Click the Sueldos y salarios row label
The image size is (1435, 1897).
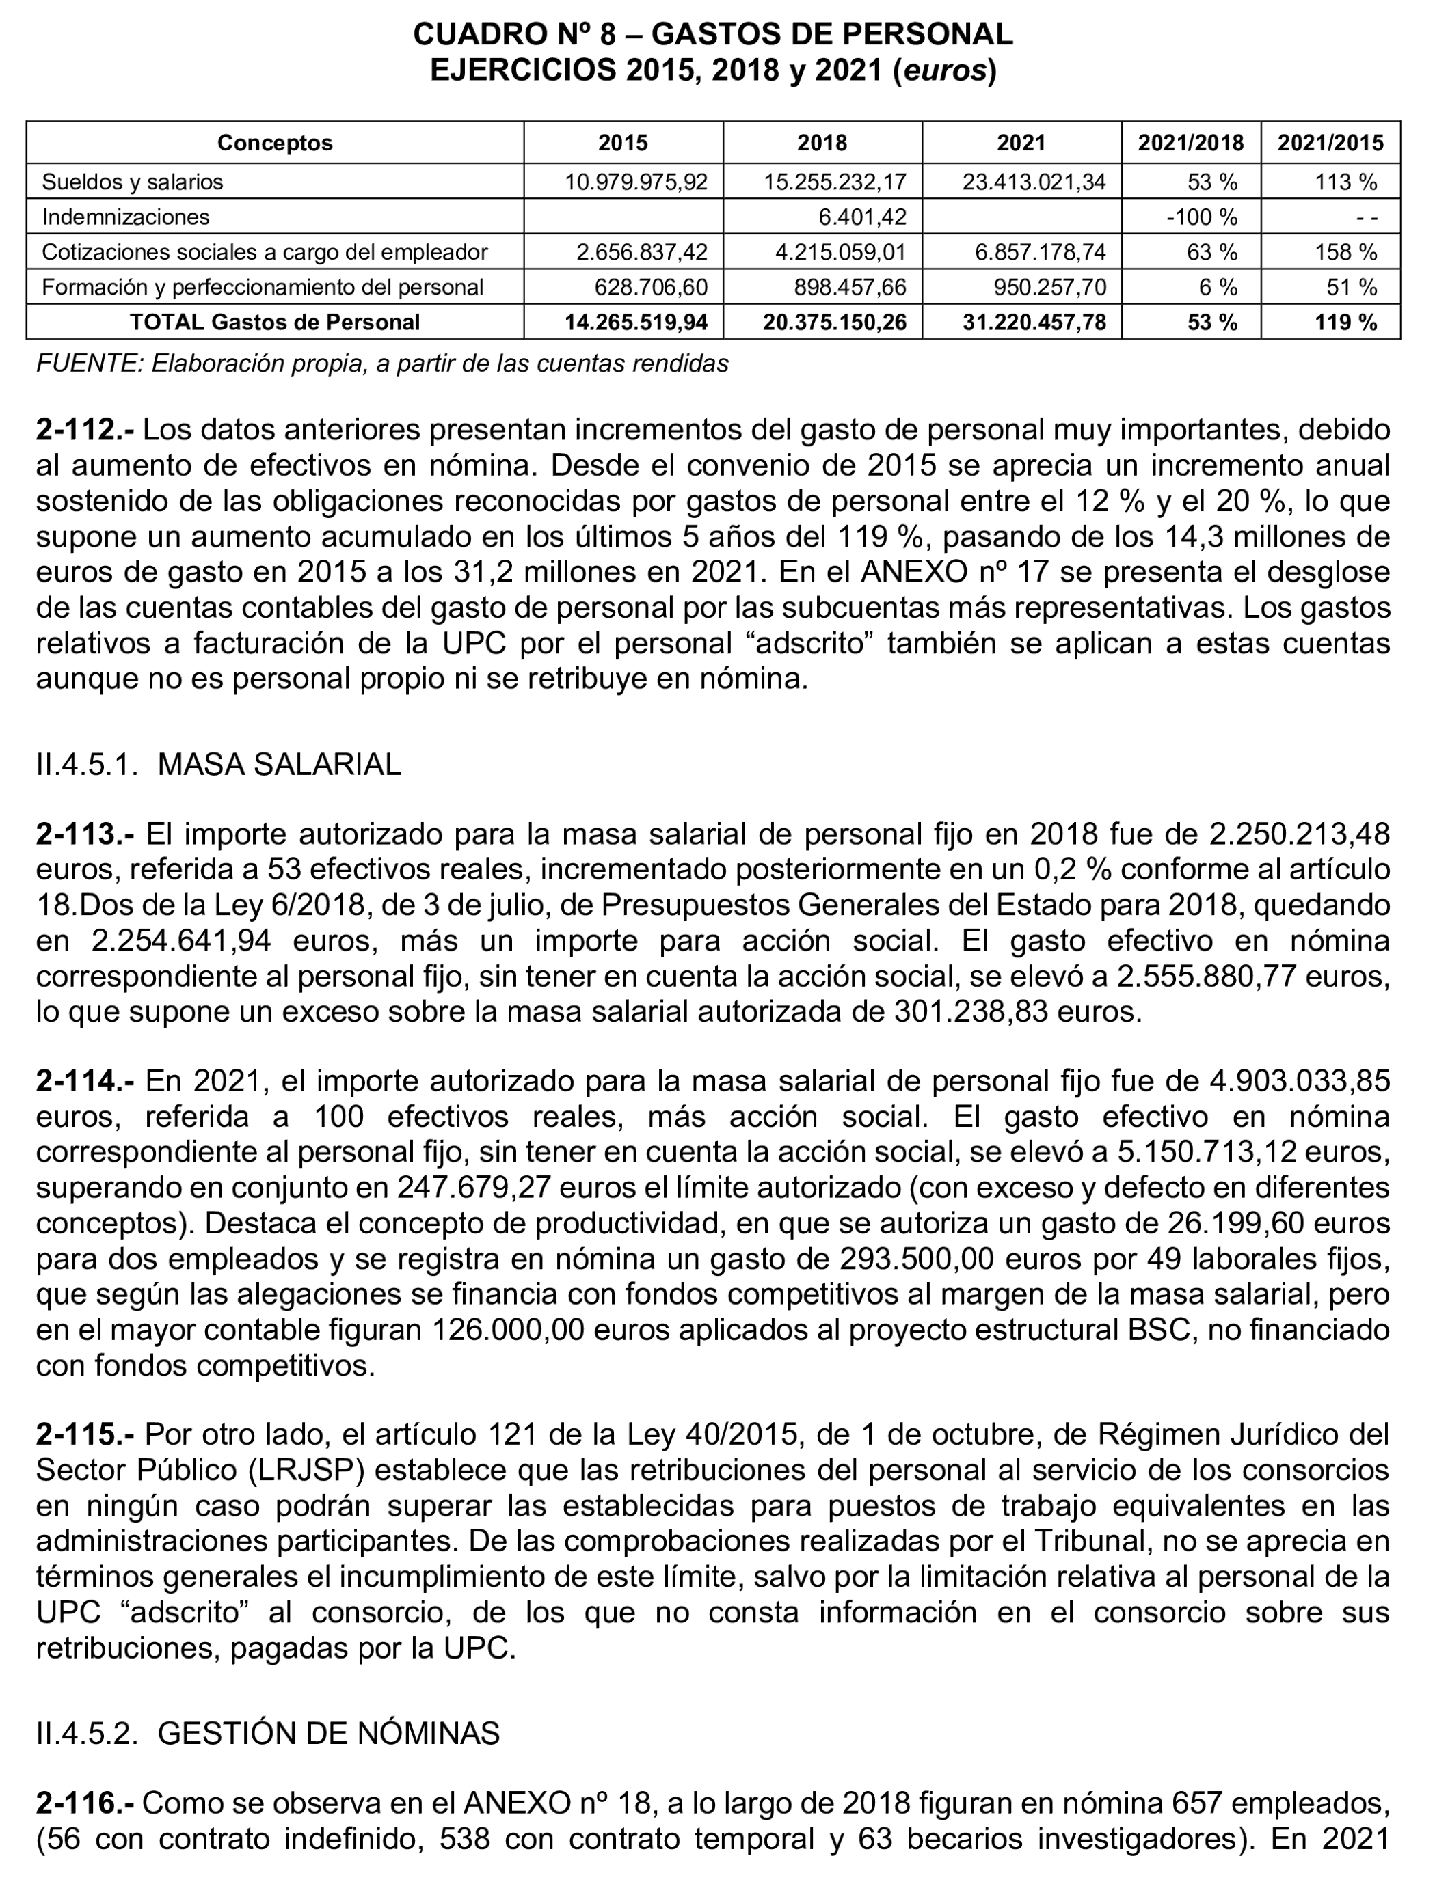point(132,182)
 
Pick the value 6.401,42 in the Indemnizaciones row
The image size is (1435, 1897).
point(862,217)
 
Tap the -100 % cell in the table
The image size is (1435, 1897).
point(1202,217)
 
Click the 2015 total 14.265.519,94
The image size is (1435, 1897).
point(636,323)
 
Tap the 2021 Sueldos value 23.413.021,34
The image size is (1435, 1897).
point(1034,182)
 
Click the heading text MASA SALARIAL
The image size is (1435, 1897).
point(279,764)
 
